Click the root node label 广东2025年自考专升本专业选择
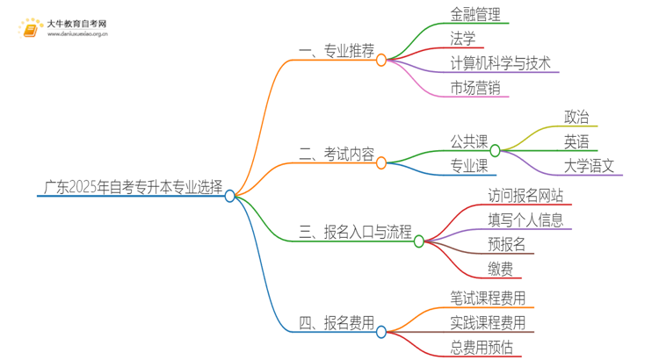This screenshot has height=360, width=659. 133,186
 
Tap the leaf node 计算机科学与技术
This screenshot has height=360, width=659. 500,62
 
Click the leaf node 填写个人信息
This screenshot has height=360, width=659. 525,220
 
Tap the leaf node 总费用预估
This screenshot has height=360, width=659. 482,347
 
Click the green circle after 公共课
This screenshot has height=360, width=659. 495,150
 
